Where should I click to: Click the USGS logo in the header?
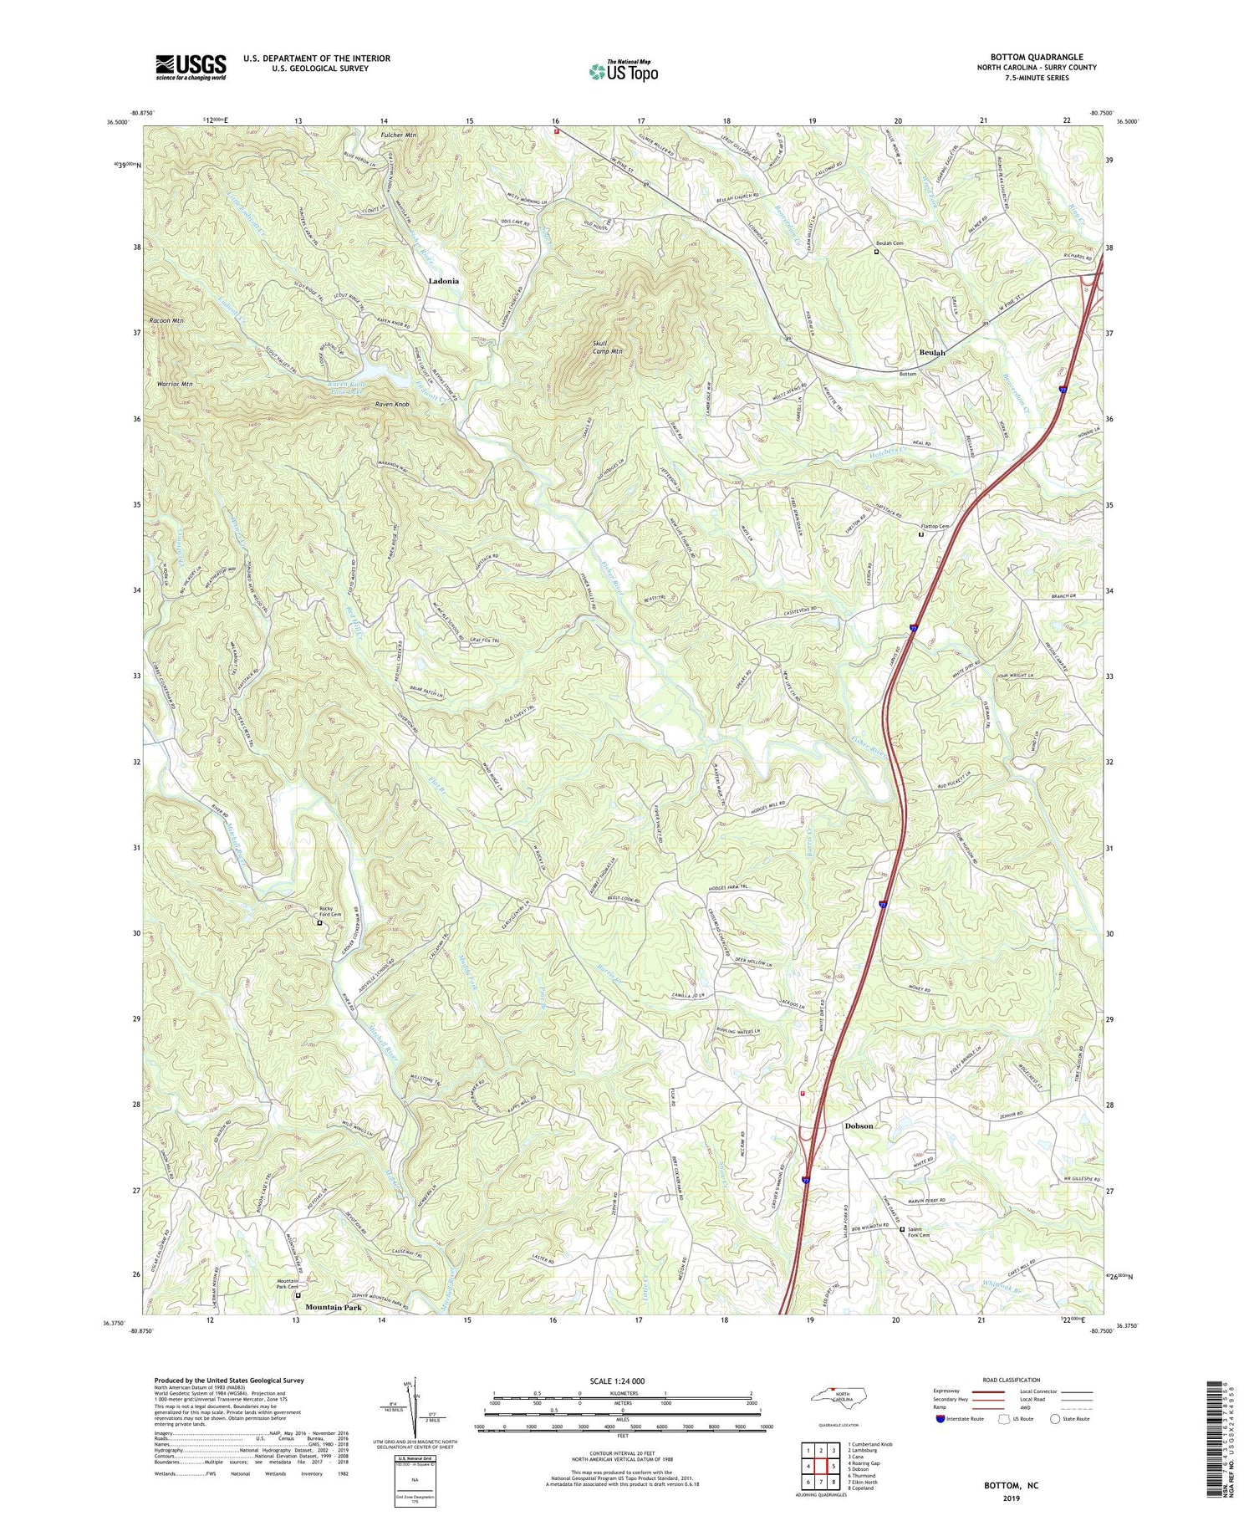click(191, 67)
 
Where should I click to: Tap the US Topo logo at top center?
click(623, 71)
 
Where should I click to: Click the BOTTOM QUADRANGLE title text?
click(1037, 57)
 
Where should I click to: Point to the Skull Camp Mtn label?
click(608, 347)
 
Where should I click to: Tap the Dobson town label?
click(859, 1126)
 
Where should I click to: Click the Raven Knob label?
click(392, 405)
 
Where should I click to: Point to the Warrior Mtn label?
click(175, 384)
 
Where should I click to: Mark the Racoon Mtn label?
click(166, 321)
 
